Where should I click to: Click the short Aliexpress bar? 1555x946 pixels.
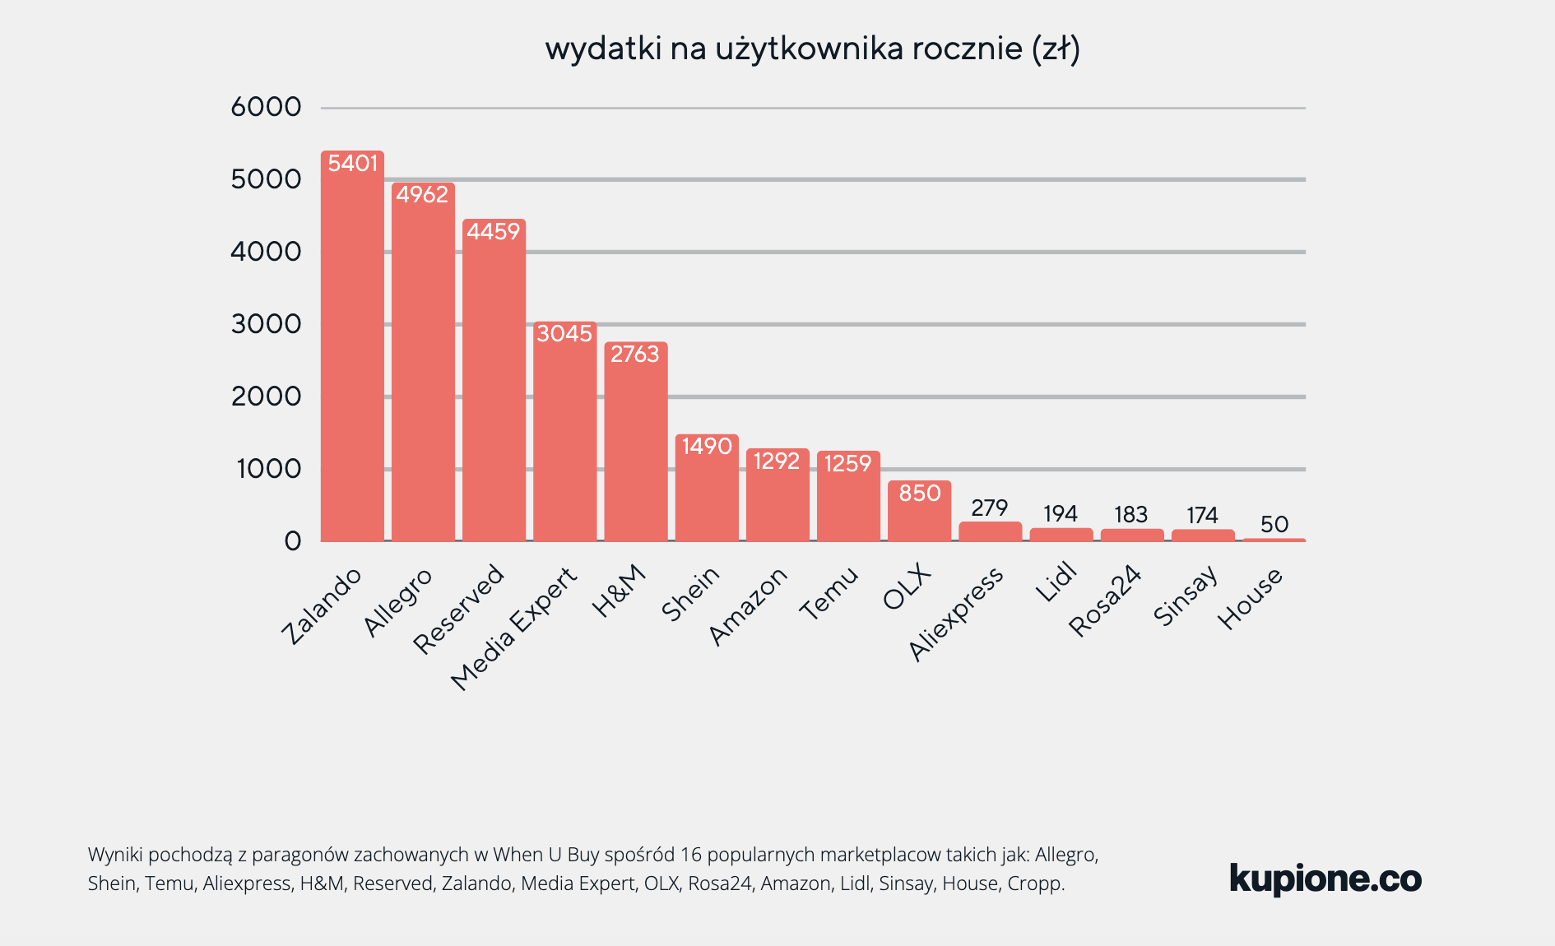tap(990, 531)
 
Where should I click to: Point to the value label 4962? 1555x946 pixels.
tap(422, 195)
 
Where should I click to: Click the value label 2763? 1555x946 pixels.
tap(634, 355)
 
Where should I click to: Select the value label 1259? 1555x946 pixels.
tap(847, 464)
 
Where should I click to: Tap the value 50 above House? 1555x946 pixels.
tap(1274, 524)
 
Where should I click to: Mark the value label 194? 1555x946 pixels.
tap(1061, 514)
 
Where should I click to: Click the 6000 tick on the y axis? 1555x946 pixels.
tap(266, 107)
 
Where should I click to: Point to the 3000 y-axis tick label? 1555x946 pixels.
tap(266, 324)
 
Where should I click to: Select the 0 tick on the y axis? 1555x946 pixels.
tap(293, 541)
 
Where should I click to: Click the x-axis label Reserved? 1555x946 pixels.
tap(458, 609)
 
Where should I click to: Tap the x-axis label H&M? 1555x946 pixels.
tap(619, 591)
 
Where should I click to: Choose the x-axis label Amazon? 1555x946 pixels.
tap(748, 606)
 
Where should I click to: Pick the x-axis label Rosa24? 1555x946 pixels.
tap(1105, 601)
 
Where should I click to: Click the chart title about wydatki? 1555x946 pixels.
tap(812, 49)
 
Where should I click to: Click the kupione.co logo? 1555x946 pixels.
tap(1325, 879)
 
